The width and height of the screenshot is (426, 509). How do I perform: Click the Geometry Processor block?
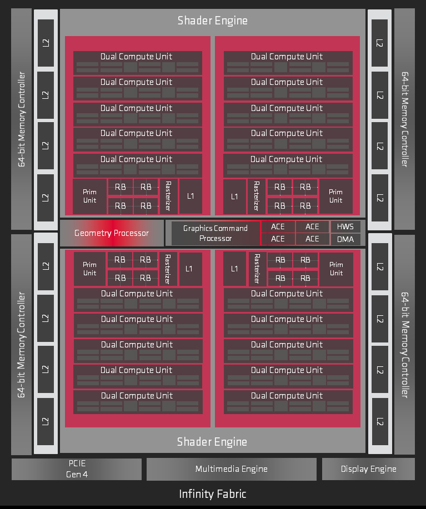tap(112, 233)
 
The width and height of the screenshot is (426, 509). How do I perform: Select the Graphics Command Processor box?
tap(215, 233)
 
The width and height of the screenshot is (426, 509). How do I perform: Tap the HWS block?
tap(345, 226)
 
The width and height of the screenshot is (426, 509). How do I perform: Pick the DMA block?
tap(345, 239)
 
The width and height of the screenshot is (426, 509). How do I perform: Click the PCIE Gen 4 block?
tap(77, 469)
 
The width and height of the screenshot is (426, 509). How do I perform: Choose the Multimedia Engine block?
tap(231, 469)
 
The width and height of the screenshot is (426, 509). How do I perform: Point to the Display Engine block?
tap(368, 469)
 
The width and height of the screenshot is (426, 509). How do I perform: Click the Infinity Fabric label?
tap(213, 493)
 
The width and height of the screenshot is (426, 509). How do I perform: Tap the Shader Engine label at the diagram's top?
tap(213, 21)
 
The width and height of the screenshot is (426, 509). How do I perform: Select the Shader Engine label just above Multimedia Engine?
tap(213, 442)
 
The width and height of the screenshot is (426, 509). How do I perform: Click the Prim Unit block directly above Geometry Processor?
tap(89, 196)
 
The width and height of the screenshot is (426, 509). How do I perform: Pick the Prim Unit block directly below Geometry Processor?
tap(89, 269)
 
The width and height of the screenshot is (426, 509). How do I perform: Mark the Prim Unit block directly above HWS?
tap(336, 196)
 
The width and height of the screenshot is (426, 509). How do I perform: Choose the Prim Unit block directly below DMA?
tap(336, 269)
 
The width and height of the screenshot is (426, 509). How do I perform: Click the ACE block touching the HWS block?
tap(312, 226)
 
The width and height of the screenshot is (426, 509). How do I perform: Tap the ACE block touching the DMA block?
tap(312, 239)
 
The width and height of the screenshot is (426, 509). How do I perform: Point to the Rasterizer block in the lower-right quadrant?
tap(257, 269)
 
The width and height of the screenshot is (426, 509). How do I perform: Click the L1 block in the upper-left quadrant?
tap(191, 196)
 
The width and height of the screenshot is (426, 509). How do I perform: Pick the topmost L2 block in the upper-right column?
tap(379, 42)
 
